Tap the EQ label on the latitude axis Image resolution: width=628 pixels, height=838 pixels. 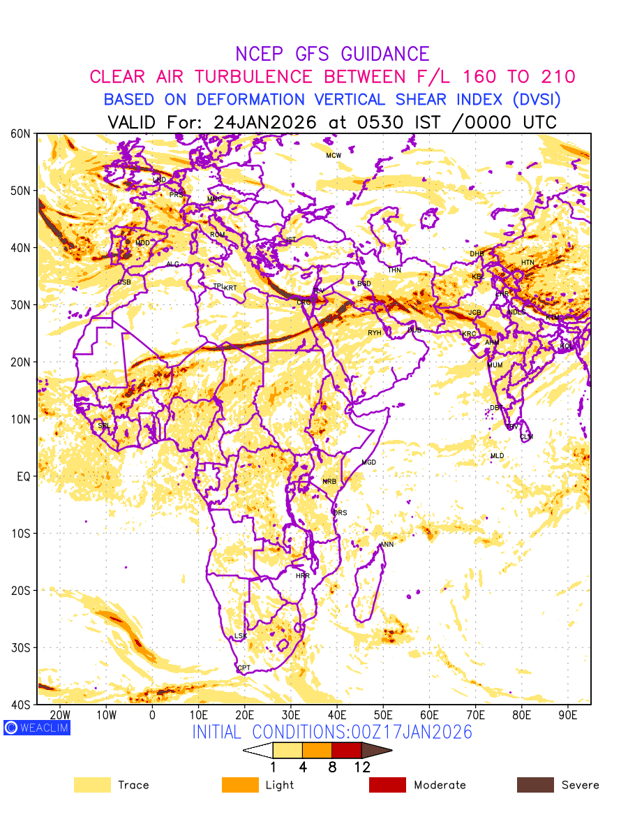24,476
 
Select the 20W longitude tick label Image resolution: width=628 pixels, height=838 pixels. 61,715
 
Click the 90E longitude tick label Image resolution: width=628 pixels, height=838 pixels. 568,715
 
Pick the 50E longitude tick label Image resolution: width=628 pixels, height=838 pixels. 383,715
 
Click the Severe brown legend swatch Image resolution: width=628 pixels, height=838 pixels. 534,785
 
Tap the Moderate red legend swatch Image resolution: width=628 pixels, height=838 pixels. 387,785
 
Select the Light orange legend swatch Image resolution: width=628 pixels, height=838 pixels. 239,785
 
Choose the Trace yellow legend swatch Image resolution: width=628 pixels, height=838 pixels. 92,785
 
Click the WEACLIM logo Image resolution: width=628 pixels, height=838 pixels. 36,727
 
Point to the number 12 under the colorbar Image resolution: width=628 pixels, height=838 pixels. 361,767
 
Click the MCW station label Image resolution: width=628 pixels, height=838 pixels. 334,155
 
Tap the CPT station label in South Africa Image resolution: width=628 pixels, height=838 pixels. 244,668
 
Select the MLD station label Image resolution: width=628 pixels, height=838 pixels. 497,456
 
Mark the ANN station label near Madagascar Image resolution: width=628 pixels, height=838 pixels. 387,544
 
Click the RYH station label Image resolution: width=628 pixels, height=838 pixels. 375,333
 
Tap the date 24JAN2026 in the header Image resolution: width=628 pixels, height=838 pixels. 265,122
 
